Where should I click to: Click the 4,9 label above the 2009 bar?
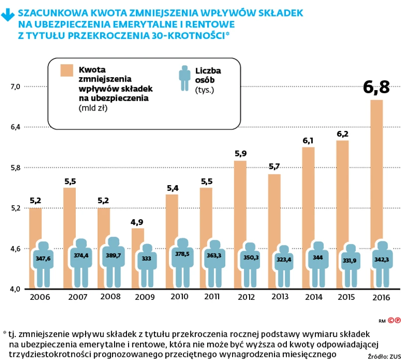[138, 222]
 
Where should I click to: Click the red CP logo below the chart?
[394, 320]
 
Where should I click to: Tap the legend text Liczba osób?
[209, 76]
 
